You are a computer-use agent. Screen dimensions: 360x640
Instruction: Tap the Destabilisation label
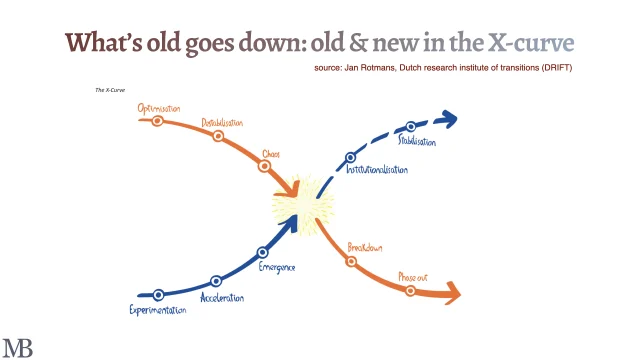223,123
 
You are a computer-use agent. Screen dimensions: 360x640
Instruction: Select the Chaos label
270,154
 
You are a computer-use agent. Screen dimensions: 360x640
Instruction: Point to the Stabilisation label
416,142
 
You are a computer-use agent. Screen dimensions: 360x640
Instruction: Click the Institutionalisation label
376,170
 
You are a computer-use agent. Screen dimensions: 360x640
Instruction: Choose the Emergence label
276,267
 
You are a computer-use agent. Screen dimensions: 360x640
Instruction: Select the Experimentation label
158,310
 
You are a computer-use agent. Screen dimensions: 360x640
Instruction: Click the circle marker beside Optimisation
157,120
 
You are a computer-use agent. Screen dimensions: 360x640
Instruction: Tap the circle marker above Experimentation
158,295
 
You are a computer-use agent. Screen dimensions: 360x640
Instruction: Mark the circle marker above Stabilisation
410,127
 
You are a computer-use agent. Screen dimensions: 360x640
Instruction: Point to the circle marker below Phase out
410,290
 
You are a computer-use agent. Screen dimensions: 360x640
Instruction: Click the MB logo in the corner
17,347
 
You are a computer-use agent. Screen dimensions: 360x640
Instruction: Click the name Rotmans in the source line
386,67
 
